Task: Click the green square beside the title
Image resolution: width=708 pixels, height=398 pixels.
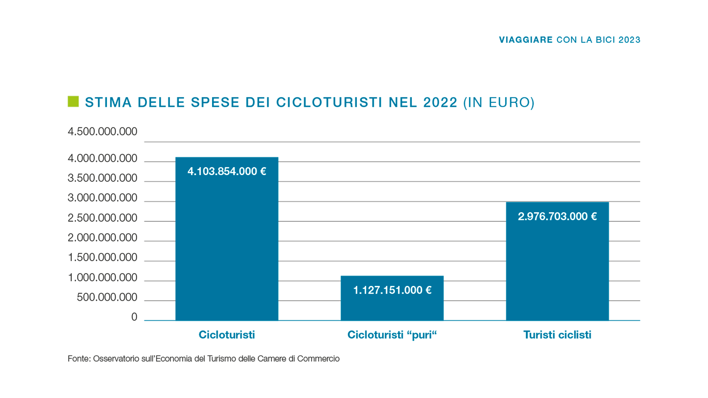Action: point(73,102)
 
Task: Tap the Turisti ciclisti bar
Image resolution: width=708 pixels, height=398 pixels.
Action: point(557,269)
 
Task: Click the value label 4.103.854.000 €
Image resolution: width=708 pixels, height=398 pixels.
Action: point(227,171)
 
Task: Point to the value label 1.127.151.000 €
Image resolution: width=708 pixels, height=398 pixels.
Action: point(392,290)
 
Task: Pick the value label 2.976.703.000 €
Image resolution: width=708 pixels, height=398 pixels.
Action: point(557,216)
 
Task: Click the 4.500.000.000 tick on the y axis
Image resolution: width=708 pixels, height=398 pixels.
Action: point(103,132)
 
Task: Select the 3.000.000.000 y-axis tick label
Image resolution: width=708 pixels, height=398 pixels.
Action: point(103,198)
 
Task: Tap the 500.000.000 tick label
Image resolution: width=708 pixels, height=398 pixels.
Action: point(107,297)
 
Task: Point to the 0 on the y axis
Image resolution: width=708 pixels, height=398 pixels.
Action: point(134,317)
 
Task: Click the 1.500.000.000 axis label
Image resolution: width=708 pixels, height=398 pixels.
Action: point(103,257)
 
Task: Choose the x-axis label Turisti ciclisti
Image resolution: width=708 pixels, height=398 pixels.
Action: point(557,335)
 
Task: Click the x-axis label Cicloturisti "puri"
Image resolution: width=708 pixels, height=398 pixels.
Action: point(392,335)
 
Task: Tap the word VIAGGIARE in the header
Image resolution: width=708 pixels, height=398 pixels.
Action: point(525,40)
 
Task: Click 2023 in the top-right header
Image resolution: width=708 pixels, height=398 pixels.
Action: point(629,40)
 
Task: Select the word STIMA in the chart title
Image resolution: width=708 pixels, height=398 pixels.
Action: point(108,102)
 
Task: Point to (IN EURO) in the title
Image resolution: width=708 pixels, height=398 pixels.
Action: point(499,102)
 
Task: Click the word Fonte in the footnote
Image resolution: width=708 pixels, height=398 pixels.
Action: point(79,359)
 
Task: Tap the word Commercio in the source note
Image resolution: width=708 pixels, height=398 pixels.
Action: point(318,359)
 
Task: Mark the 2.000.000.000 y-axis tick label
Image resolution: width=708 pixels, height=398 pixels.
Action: point(103,238)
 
